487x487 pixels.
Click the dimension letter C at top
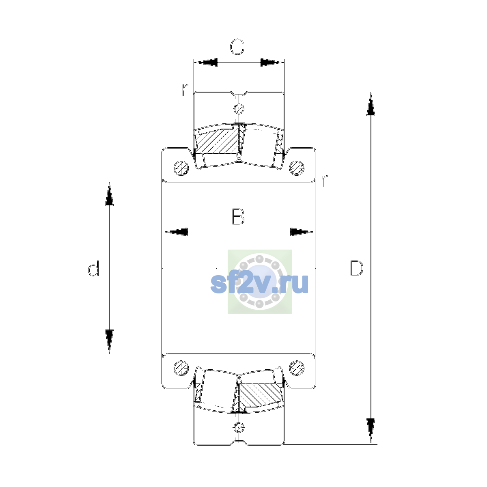coord(237,47)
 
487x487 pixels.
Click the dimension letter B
coord(238,217)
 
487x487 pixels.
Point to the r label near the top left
coord(185,90)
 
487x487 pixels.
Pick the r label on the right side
coord(324,181)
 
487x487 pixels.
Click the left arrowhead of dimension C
coord(206,62)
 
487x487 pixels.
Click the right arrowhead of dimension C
coord(272,62)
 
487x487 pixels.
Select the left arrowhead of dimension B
coord(175,232)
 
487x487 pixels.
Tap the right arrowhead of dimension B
coord(302,232)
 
